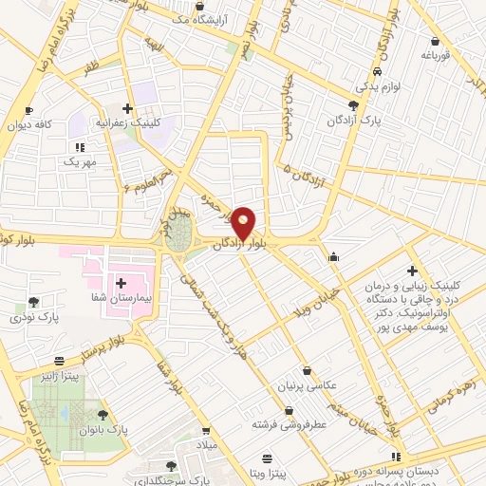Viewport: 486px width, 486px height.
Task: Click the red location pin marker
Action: point(244,223)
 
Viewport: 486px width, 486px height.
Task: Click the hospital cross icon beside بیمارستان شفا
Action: point(121,282)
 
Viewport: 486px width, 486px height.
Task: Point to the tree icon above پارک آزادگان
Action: point(353,106)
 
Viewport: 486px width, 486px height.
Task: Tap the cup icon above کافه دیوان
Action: point(29,110)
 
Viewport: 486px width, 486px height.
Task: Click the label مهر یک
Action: point(82,162)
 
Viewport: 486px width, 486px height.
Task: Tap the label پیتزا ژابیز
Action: point(60,377)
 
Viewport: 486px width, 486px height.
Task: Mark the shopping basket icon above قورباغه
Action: point(435,41)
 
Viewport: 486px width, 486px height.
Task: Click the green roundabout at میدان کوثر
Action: point(177,240)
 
